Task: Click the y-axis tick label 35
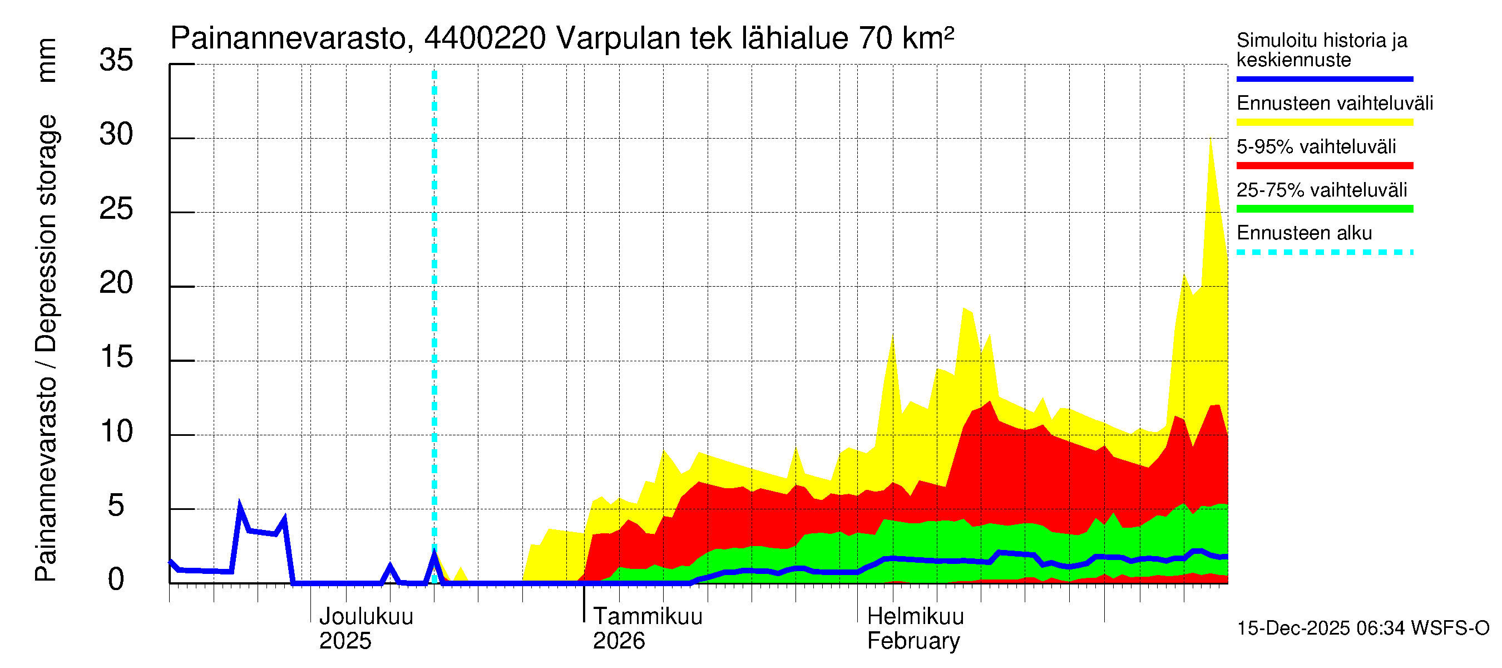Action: [116, 60]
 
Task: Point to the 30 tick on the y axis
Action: [116, 134]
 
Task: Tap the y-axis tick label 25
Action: [116, 209]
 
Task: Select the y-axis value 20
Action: [116, 283]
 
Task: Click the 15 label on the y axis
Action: [116, 357]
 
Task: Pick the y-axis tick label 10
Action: [116, 432]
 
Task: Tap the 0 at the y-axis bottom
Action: [116, 579]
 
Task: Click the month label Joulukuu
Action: [366, 616]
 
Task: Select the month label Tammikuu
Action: [648, 616]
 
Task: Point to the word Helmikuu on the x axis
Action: [916, 616]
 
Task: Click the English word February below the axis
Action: [913, 641]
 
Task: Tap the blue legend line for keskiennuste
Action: [1324, 78]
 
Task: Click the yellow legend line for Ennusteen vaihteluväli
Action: [1324, 122]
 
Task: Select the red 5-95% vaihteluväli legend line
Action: [1324, 166]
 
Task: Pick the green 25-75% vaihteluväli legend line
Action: [1324, 209]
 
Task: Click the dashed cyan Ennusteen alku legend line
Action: [1324, 253]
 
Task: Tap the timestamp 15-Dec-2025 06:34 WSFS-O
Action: [1362, 628]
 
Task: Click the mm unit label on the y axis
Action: [47, 60]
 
